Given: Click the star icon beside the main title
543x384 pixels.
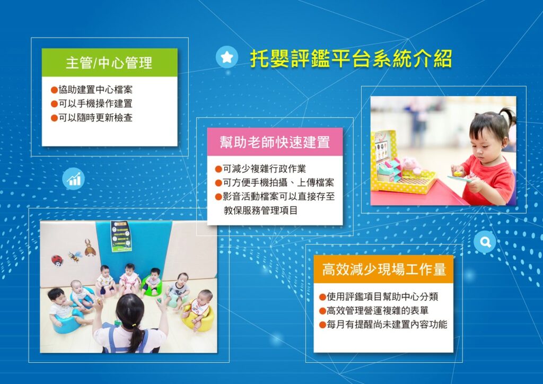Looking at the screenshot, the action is coord(227,57).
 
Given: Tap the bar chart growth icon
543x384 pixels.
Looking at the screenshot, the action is coord(73,179).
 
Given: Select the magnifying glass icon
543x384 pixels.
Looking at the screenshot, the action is coord(485,242).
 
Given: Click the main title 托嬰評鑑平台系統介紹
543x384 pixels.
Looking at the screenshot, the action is coord(351,58).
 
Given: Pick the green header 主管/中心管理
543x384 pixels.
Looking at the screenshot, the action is coord(109,63).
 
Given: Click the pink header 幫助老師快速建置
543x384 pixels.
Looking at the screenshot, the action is coord(275,142).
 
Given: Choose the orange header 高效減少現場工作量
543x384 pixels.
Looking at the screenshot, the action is coord(384,269).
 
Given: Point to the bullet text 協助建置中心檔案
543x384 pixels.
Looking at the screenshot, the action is coord(95,90).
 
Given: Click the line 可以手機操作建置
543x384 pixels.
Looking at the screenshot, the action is coord(95,103).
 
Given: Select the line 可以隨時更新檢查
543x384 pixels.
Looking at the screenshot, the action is coord(95,117).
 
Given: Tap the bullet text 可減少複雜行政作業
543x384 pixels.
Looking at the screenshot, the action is coord(264,169).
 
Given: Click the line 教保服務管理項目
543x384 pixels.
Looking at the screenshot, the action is coord(260,210).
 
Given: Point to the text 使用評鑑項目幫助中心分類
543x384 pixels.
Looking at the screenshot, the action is coord(382,296).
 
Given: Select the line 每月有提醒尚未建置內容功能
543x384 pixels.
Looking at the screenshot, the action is coord(387,325).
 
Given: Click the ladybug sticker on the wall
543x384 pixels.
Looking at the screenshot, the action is coord(57,260).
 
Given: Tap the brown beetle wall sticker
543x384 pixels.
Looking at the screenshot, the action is coord(90,248).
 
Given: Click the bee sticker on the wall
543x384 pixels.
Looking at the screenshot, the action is coord(75,256).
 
